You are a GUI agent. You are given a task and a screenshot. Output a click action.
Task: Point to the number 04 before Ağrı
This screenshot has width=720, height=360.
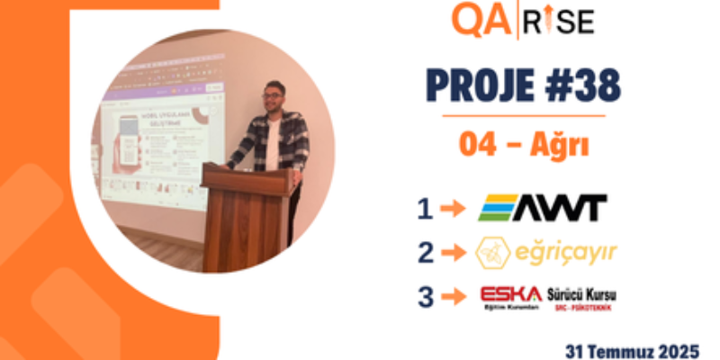tap(478, 144)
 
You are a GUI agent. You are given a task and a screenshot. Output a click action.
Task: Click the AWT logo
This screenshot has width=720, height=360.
tap(542, 208)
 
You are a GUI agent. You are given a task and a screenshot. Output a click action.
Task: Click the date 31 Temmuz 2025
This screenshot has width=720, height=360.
tap(633, 347)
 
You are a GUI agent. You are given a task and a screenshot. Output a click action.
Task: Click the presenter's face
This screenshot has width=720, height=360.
tap(273, 97)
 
